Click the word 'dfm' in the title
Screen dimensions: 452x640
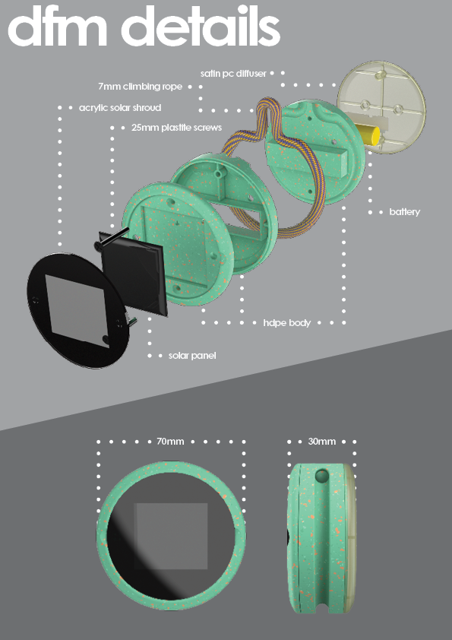pyautogui.click(x=58, y=26)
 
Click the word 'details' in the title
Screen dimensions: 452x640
pyautogui.click(x=201, y=26)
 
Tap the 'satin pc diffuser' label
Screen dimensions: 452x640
pyautogui.click(x=233, y=74)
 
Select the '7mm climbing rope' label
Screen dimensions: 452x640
pyautogui.click(x=140, y=87)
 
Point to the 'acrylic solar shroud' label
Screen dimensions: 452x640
pyautogui.click(x=120, y=108)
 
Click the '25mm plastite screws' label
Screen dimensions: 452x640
pyautogui.click(x=177, y=128)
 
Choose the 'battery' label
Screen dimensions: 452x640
pyautogui.click(x=405, y=212)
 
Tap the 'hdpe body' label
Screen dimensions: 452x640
pyautogui.click(x=287, y=323)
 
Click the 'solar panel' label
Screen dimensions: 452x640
pyautogui.click(x=192, y=356)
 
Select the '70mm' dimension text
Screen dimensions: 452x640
pyautogui.click(x=170, y=442)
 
